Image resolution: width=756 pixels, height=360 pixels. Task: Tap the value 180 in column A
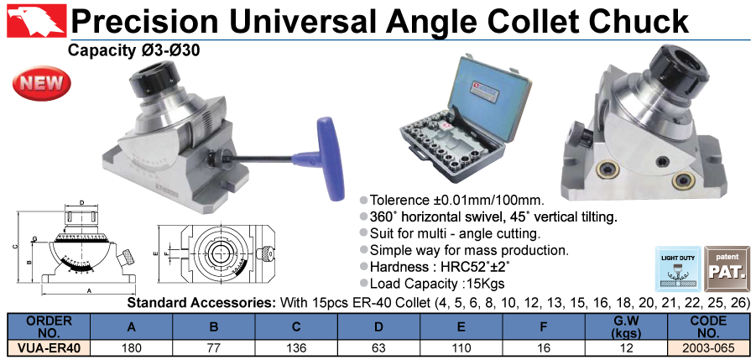[x=131, y=348]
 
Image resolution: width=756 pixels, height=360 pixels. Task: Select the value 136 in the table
[x=296, y=348]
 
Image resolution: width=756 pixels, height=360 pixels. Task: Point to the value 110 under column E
[x=461, y=348]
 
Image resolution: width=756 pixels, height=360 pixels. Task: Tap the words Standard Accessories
[x=201, y=303]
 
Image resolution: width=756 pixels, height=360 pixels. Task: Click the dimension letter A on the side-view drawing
[x=89, y=290]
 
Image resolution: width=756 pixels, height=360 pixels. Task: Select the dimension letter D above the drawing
[x=82, y=203]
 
